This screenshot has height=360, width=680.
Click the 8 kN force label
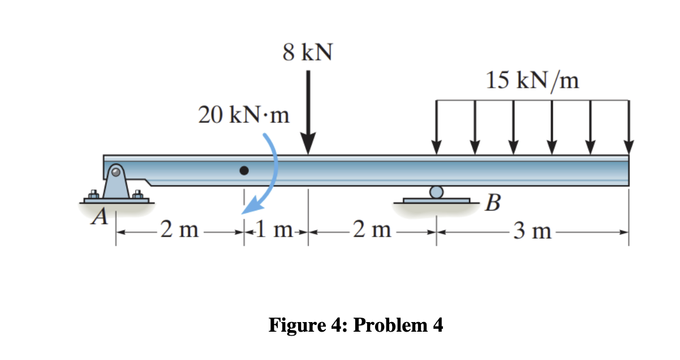coord(308,54)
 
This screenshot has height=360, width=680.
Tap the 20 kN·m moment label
coord(244,115)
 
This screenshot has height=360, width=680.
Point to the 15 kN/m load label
coord(532,82)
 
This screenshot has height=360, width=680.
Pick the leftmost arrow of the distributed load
coord(436,127)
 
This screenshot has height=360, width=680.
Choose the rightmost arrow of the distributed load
coord(629,127)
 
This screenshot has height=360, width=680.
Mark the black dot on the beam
coord(244,170)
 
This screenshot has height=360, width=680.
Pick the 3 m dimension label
coord(532,231)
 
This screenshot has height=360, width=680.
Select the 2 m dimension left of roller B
coord(371,230)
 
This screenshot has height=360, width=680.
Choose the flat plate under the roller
coord(436,200)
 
